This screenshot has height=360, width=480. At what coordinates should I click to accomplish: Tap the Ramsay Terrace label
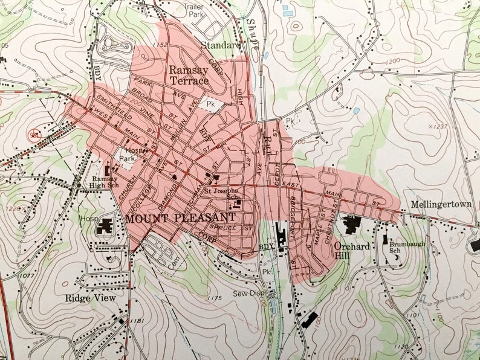(189, 75)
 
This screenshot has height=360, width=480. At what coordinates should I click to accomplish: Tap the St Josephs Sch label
(224, 194)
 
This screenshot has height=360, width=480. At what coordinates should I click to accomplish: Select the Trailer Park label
(194, 10)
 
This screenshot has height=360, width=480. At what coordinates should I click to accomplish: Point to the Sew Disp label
(250, 294)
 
